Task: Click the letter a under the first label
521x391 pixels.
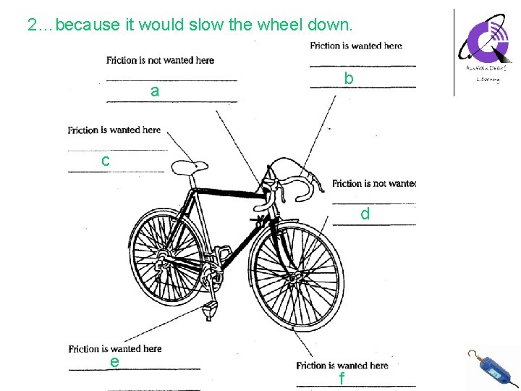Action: (x=155, y=92)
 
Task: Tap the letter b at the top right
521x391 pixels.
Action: (x=349, y=78)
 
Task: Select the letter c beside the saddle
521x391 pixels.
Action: (x=106, y=161)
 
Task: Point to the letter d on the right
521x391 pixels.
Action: (x=365, y=214)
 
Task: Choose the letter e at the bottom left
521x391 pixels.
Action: (x=115, y=361)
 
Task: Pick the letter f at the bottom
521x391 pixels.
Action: (x=342, y=379)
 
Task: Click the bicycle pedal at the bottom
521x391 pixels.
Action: (x=211, y=310)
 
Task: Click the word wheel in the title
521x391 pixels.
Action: (x=279, y=25)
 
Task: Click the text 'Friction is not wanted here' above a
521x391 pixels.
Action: (x=160, y=60)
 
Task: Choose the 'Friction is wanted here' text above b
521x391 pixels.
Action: (x=356, y=46)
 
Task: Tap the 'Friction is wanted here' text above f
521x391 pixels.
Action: (x=342, y=365)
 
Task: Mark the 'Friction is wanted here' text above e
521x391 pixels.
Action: (x=115, y=348)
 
